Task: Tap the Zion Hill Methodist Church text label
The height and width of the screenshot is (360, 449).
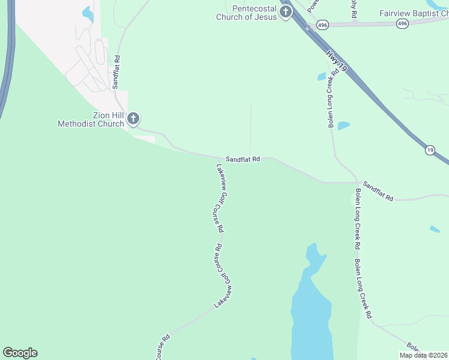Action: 91,119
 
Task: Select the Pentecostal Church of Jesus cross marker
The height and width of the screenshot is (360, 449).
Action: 286,11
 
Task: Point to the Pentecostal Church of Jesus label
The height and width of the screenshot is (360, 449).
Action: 247,13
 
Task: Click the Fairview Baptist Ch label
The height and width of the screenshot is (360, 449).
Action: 414,13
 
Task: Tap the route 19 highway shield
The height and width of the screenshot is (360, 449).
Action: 430,150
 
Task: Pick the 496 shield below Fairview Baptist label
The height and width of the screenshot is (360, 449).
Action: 402,23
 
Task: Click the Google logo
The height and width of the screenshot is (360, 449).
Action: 20,353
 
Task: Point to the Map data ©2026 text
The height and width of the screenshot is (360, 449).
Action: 423,355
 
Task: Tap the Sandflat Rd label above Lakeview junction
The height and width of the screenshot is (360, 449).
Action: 243,159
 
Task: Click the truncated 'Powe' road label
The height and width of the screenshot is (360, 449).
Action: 312,6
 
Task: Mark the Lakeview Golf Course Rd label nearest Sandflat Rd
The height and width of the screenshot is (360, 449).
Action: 219,198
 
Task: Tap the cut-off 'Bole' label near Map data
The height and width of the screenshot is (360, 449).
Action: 412,347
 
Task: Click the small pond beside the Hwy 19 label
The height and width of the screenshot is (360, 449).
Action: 322,77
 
